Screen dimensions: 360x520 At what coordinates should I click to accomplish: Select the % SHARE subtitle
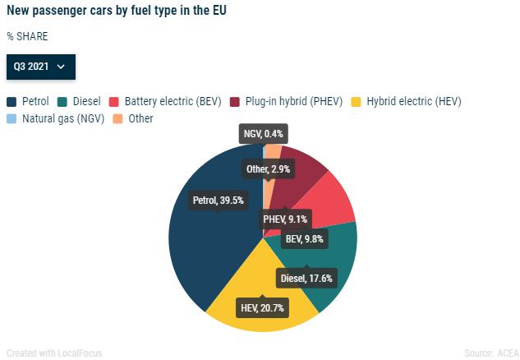pos(27,37)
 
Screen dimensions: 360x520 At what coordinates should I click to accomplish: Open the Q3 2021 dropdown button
pos(41,67)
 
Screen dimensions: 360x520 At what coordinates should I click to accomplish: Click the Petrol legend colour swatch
pos(12,102)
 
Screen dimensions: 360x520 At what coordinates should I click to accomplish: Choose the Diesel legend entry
pos(80,102)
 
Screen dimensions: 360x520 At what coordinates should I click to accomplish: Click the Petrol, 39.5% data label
pos(218,200)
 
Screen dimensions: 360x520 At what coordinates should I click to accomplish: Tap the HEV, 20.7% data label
pos(263,309)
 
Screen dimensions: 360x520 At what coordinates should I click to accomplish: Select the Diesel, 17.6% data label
pos(306,278)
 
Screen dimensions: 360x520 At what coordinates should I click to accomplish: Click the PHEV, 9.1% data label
pos(285,219)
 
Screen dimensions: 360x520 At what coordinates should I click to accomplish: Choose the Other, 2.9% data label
pos(269,169)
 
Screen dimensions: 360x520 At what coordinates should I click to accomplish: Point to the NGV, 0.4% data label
pos(263,133)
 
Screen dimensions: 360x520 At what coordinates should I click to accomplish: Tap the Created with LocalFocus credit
pos(54,353)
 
